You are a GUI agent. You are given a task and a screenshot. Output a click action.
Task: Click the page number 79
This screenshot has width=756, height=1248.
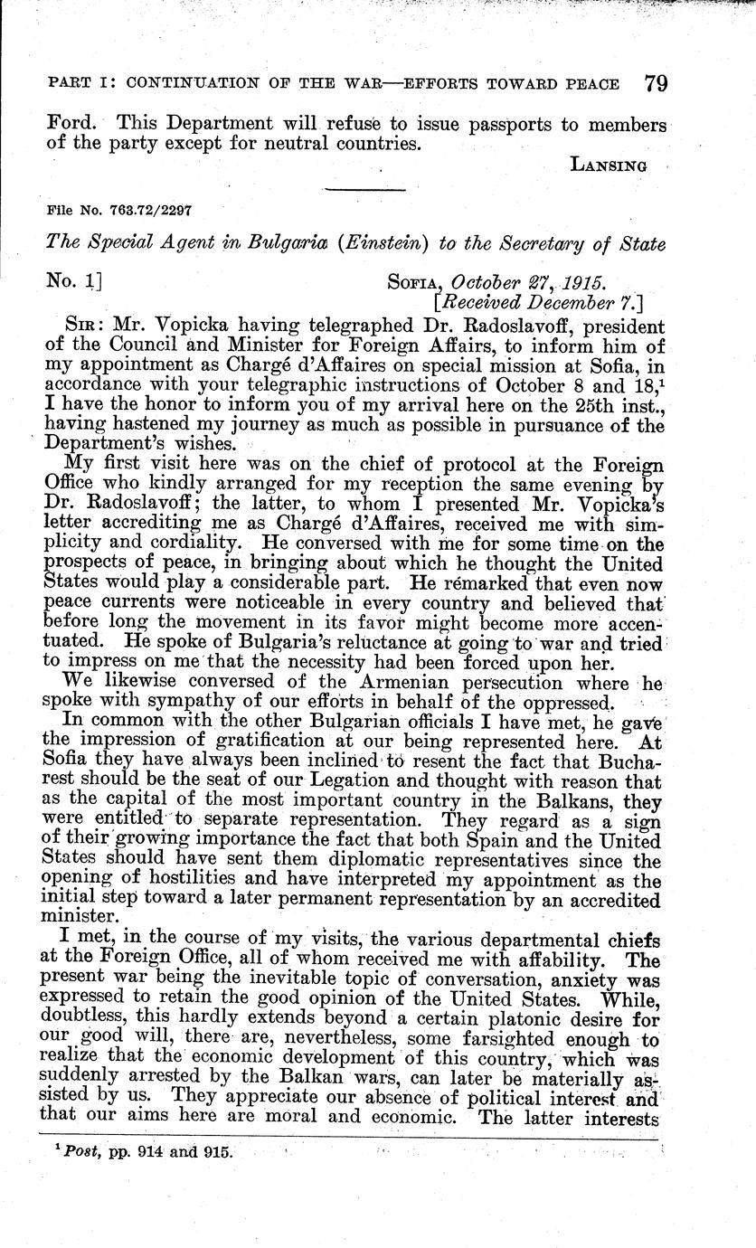tap(657, 84)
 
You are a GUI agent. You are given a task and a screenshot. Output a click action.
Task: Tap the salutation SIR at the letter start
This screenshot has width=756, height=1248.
tap(73, 326)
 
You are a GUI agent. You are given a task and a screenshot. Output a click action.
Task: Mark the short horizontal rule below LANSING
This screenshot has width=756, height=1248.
tap(364, 189)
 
